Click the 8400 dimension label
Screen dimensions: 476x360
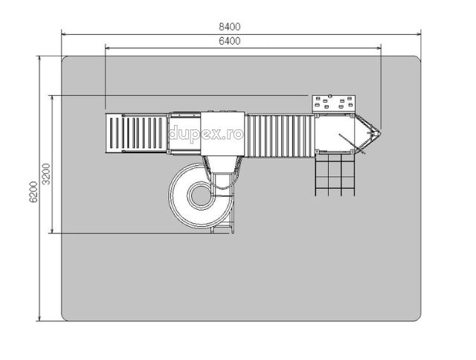pyautogui.click(x=230, y=27)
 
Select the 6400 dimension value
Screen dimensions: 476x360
pyautogui.click(x=230, y=41)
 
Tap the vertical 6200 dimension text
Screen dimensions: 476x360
pyautogui.click(x=33, y=192)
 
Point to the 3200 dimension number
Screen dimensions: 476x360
pyautogui.click(x=46, y=174)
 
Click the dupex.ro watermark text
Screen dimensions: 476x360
pyautogui.click(x=206, y=134)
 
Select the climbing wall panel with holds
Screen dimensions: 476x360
pyautogui.click(x=334, y=103)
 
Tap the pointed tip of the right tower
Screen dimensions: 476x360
pyautogui.click(x=381, y=133)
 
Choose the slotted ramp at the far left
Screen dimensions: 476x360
pyautogui.click(x=136, y=133)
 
